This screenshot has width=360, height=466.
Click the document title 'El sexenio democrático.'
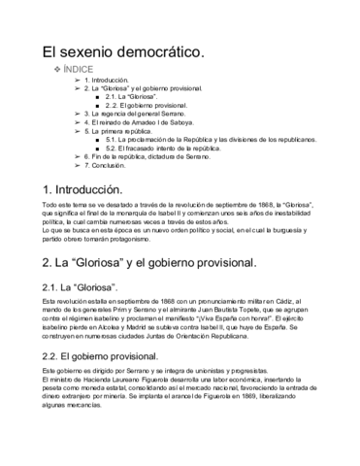122,50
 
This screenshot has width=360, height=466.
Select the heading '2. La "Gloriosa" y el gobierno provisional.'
149,264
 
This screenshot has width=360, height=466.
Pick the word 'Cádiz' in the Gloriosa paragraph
296,305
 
